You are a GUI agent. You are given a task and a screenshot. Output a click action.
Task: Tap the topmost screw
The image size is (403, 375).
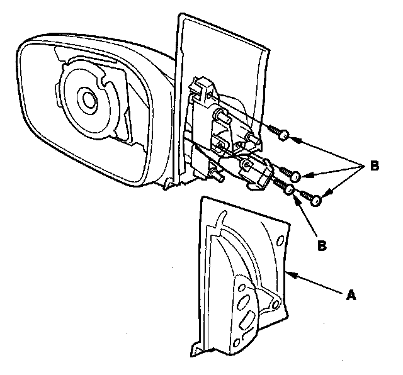(279, 133)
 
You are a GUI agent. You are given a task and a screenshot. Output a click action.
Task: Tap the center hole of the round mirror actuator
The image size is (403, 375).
(85, 98)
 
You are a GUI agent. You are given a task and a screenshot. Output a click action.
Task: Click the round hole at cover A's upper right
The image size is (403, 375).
(279, 240)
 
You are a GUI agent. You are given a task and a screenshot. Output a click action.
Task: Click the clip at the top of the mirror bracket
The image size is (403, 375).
(203, 85)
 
